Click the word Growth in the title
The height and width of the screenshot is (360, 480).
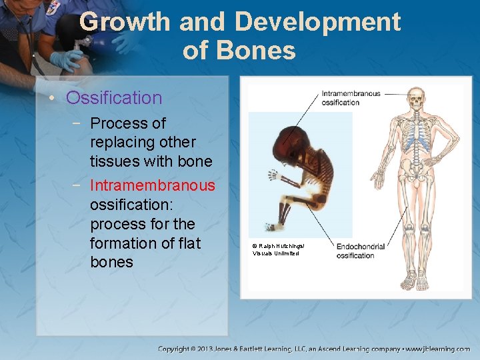[125, 22]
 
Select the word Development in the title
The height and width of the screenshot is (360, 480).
[318, 22]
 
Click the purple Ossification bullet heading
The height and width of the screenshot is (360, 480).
[114, 98]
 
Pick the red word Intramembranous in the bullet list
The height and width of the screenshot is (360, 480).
[153, 185]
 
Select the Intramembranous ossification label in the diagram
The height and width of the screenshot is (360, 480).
[350, 98]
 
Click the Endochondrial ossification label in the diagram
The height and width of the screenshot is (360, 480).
[360, 251]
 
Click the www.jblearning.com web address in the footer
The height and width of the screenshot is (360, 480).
[438, 349]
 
